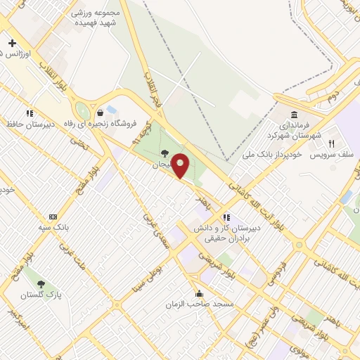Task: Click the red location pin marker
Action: [181, 165]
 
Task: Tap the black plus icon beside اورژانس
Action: [12, 43]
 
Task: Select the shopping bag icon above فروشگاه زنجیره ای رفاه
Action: [101, 112]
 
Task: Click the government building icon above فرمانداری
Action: [293, 115]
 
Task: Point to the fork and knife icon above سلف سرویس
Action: [330, 143]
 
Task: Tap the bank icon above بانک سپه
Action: [53, 217]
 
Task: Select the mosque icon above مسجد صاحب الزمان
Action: [199, 294]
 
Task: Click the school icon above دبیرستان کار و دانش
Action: [226, 217]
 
